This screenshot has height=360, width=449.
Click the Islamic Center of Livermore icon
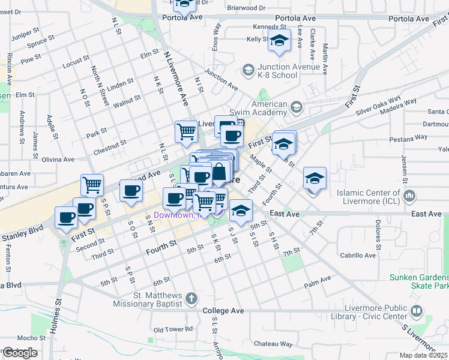410,196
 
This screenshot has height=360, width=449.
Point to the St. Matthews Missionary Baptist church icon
191,298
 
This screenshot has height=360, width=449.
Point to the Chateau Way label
273,344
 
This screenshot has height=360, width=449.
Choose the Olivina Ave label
58,160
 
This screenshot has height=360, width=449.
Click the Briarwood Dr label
246,8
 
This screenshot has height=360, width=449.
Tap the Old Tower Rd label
173,329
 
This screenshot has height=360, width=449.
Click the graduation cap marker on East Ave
241,211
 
